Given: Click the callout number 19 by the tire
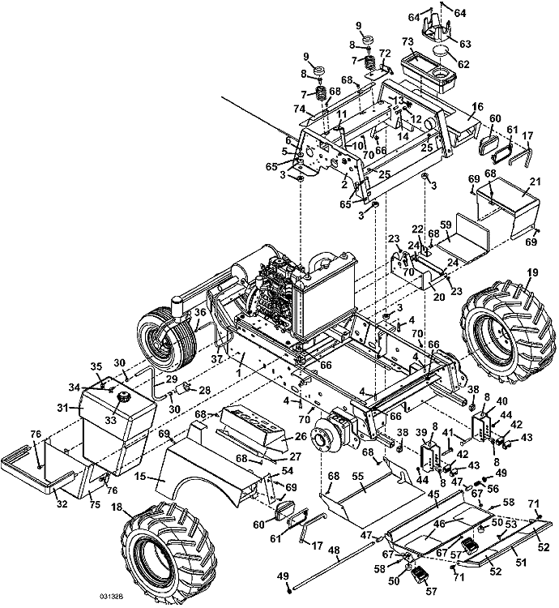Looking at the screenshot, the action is (532, 272).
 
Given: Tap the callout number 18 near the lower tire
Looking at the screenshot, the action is (117, 508).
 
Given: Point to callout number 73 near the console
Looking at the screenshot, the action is (408, 42).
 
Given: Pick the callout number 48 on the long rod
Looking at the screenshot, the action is (334, 550).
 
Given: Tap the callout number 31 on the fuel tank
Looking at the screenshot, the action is (62, 408).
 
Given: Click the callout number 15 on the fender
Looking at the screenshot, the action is (141, 476).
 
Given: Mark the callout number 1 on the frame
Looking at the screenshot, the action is (239, 372).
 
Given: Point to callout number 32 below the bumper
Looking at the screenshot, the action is (62, 504).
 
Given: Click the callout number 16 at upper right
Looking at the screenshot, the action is (478, 106).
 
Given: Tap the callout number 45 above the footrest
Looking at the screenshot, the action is (434, 494).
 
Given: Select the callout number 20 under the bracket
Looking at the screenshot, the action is (439, 297).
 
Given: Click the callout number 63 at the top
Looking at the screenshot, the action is (465, 44).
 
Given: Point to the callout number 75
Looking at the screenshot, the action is (95, 504).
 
